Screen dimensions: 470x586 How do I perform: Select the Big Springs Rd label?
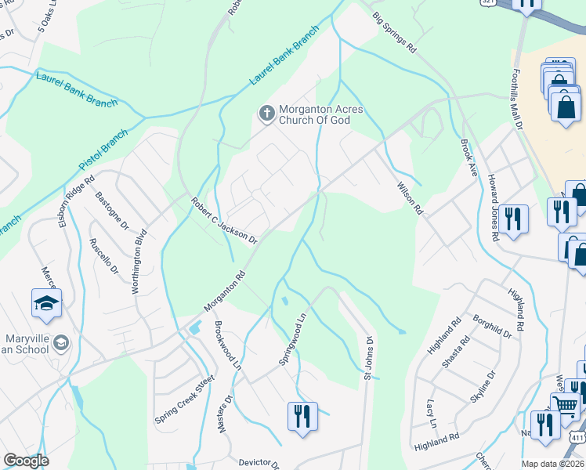394,32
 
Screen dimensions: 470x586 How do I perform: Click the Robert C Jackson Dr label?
224,221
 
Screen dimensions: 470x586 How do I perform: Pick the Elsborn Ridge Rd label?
77,201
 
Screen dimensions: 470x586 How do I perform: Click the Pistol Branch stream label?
103,152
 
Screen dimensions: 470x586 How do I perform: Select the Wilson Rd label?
410,199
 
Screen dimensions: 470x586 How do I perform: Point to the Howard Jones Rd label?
494,208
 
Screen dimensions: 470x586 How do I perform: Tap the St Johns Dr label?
367,357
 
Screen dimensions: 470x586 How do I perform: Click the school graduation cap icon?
46,303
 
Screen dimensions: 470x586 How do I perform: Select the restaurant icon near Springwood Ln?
302,415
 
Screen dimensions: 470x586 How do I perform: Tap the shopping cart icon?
564,405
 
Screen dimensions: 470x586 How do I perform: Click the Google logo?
26,461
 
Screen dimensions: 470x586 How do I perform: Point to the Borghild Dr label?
492,327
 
